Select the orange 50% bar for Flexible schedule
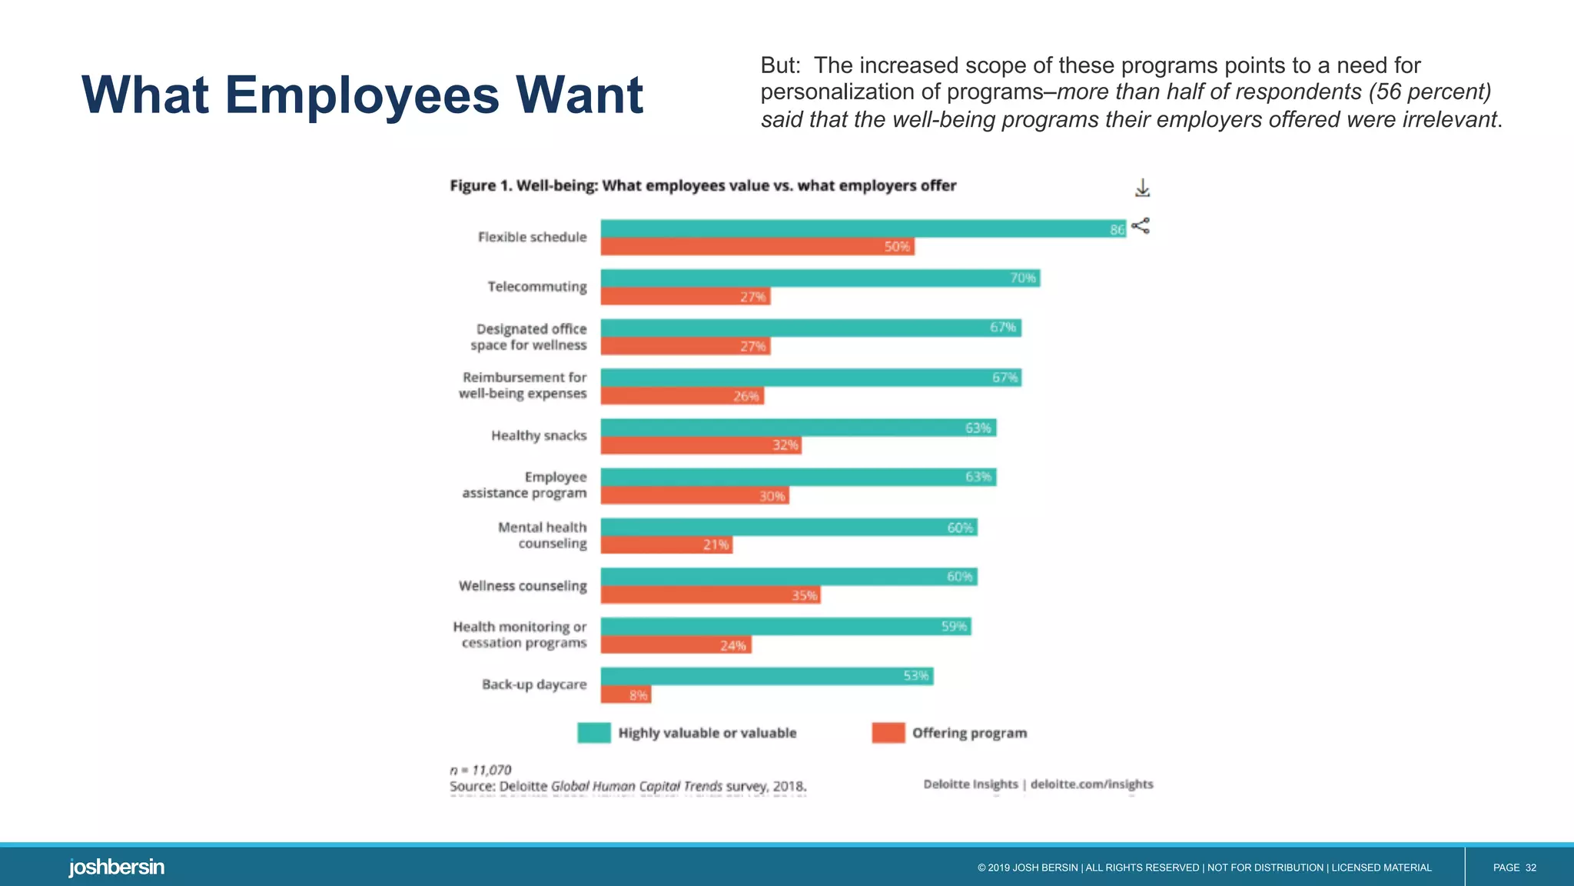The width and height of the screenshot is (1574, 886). tap(757, 247)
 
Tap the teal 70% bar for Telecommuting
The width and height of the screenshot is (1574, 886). tap(819, 278)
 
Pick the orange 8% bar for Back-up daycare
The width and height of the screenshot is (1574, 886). tap(626, 694)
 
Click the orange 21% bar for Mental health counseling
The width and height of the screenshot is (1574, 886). tap(666, 545)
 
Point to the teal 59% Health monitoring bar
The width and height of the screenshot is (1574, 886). tap(785, 626)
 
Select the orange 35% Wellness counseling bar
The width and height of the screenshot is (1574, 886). tap(710, 595)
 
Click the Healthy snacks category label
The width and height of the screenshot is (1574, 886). tap(539, 435)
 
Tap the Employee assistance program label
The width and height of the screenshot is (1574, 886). tap(524, 485)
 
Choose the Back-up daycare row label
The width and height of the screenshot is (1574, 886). tap(534, 684)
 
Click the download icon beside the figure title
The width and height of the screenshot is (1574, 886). tap(1142, 188)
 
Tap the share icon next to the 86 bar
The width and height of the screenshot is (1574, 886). tap(1141, 225)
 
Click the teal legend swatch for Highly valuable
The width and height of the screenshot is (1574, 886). tap(593, 733)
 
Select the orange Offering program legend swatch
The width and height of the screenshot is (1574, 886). tap(888, 733)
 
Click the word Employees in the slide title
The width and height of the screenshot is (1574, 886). tap(362, 95)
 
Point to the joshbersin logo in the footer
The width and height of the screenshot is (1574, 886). tap(117, 867)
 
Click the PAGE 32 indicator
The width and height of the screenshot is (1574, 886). tap(1514, 868)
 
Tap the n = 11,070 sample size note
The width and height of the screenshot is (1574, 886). tap(480, 770)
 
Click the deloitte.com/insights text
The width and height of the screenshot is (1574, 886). tap(1091, 784)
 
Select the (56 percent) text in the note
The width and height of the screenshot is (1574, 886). tap(1429, 92)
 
